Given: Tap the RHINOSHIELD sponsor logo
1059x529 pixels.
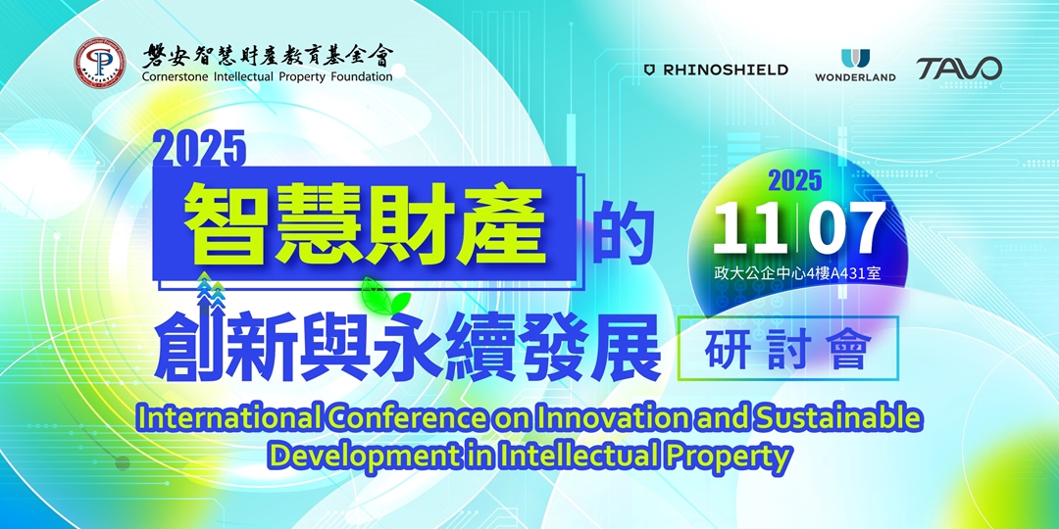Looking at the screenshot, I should coord(716,70).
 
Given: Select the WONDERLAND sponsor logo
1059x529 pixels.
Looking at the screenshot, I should coord(855,66).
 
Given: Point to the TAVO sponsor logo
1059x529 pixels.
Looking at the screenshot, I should coord(959,69).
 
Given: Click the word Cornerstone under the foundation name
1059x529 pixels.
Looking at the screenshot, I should coord(176,76).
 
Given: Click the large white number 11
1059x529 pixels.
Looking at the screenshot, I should coord(749,229).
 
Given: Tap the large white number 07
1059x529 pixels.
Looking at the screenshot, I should coord(845,229).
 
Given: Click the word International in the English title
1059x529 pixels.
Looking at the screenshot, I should coord(228,418).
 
